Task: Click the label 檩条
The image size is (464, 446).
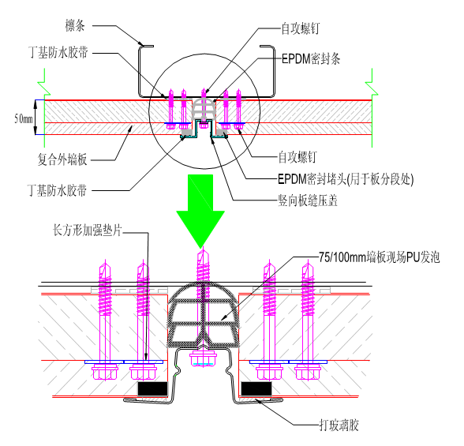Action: pos(75,25)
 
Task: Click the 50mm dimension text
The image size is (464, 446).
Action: pos(24,118)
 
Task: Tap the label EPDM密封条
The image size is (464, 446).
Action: pos(311,59)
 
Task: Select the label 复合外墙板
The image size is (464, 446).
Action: pos(62,159)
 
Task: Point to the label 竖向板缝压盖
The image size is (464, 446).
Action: pos(308,201)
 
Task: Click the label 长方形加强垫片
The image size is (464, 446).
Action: pos(88,230)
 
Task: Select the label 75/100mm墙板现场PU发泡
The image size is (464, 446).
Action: pos(379,257)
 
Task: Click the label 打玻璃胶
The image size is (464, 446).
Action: pos(339,425)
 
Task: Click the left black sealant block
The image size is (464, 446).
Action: pos(152,389)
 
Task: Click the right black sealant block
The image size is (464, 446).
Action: pos(256,389)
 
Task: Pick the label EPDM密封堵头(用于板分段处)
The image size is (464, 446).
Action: pos(346,179)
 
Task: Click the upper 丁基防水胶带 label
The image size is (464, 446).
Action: pos(58,52)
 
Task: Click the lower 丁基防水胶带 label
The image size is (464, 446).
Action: pos(57,190)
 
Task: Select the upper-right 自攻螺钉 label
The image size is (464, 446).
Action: pos(301,28)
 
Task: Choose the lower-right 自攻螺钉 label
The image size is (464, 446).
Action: pos(297,157)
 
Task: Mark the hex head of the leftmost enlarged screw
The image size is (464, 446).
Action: pos(105,373)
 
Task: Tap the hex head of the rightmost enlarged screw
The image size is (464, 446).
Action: pos(308,373)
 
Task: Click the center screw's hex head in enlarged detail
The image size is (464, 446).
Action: pos(203,358)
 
